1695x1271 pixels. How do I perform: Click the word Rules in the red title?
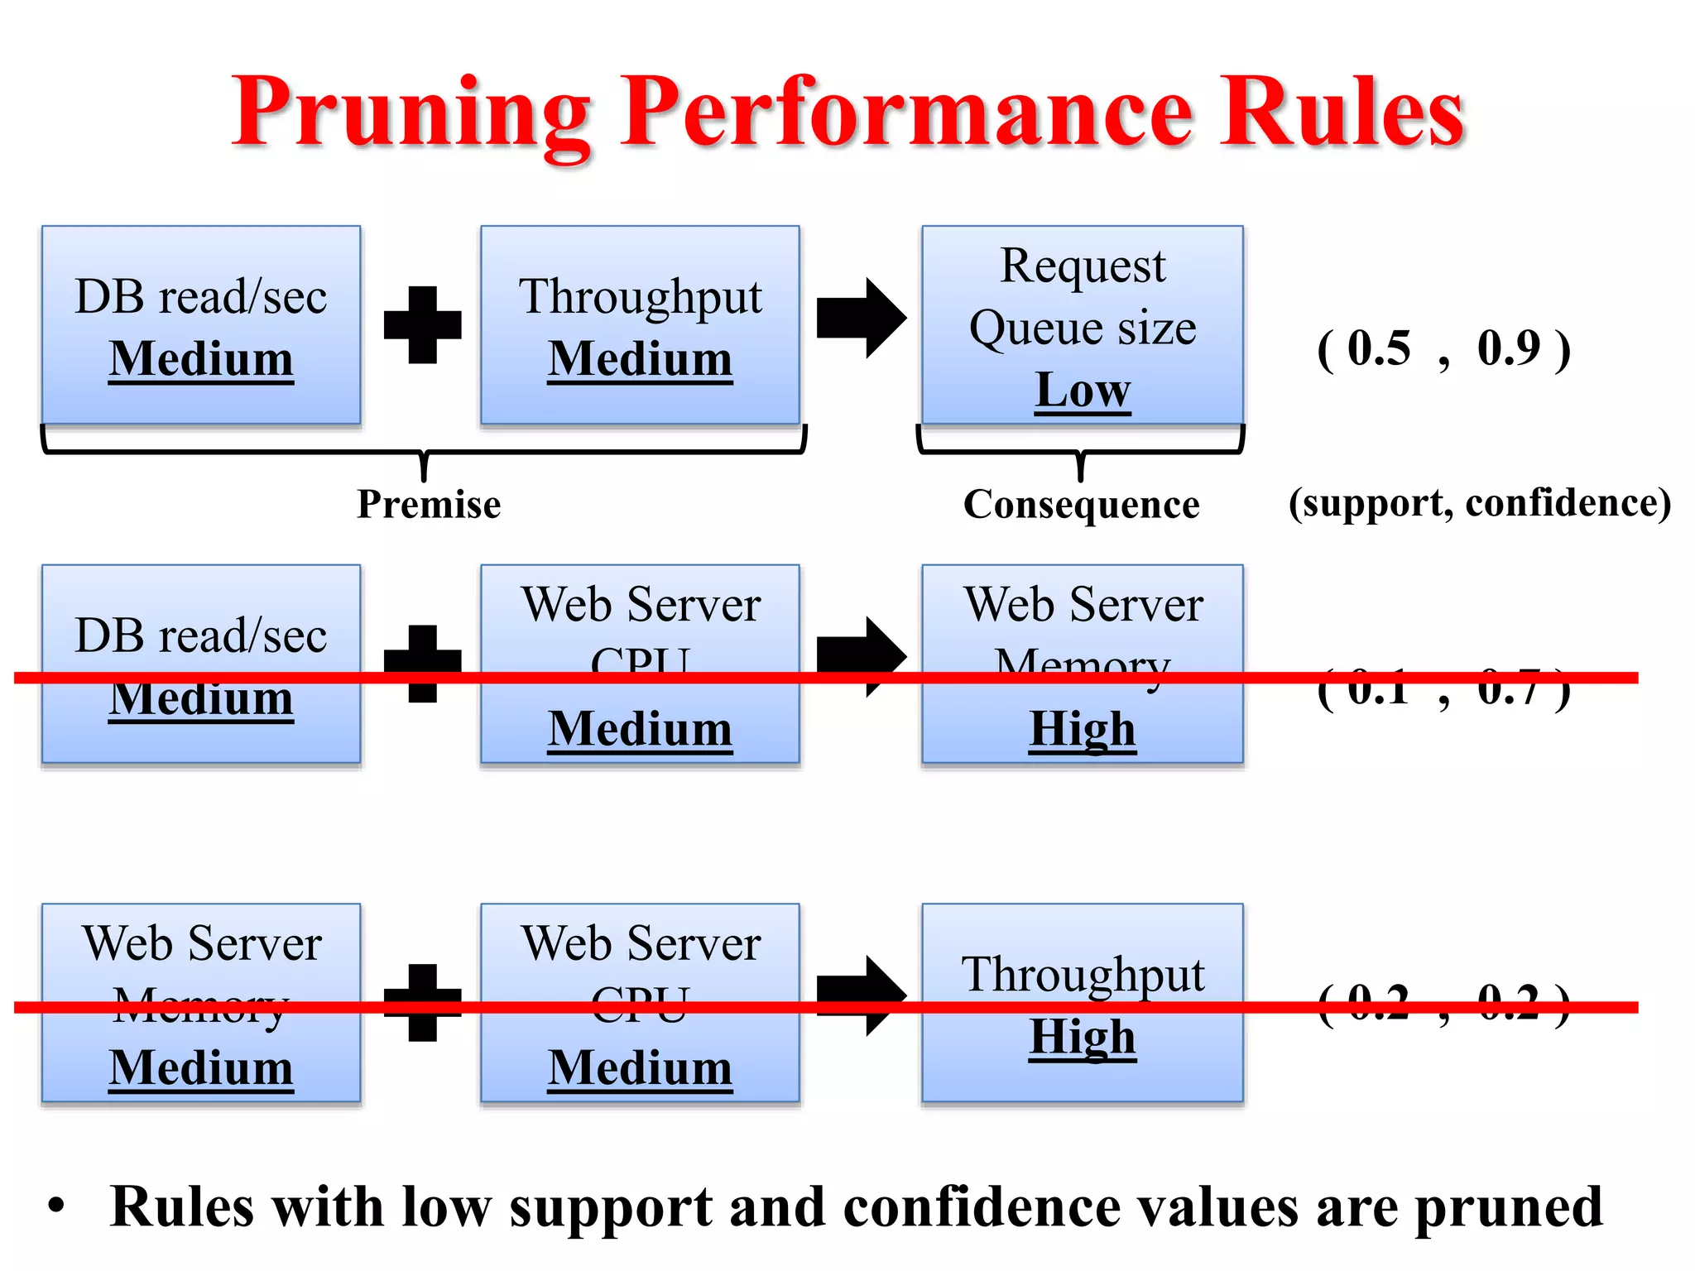[x=1342, y=113]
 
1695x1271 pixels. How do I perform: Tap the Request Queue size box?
[x=1082, y=324]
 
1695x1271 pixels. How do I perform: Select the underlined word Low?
[x=1083, y=390]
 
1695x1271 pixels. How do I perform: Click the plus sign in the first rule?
[x=423, y=324]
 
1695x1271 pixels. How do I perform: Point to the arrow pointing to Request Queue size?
[x=862, y=318]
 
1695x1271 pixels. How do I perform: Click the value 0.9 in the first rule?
[x=1509, y=348]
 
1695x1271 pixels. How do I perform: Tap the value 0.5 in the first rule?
[x=1379, y=348]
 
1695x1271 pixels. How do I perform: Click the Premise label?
[x=429, y=504]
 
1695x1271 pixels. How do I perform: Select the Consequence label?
[x=1081, y=504]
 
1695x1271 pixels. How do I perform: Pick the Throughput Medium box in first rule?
[x=640, y=324]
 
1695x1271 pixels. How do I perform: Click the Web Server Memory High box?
[x=1082, y=664]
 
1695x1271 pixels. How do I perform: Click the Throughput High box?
[x=1082, y=1002]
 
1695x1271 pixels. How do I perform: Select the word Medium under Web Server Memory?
[x=201, y=1067]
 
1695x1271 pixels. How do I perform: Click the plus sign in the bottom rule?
[x=423, y=1002]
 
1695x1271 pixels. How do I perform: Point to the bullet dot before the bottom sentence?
[x=55, y=1206]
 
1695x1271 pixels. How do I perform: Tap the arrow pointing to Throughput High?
[x=862, y=995]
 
